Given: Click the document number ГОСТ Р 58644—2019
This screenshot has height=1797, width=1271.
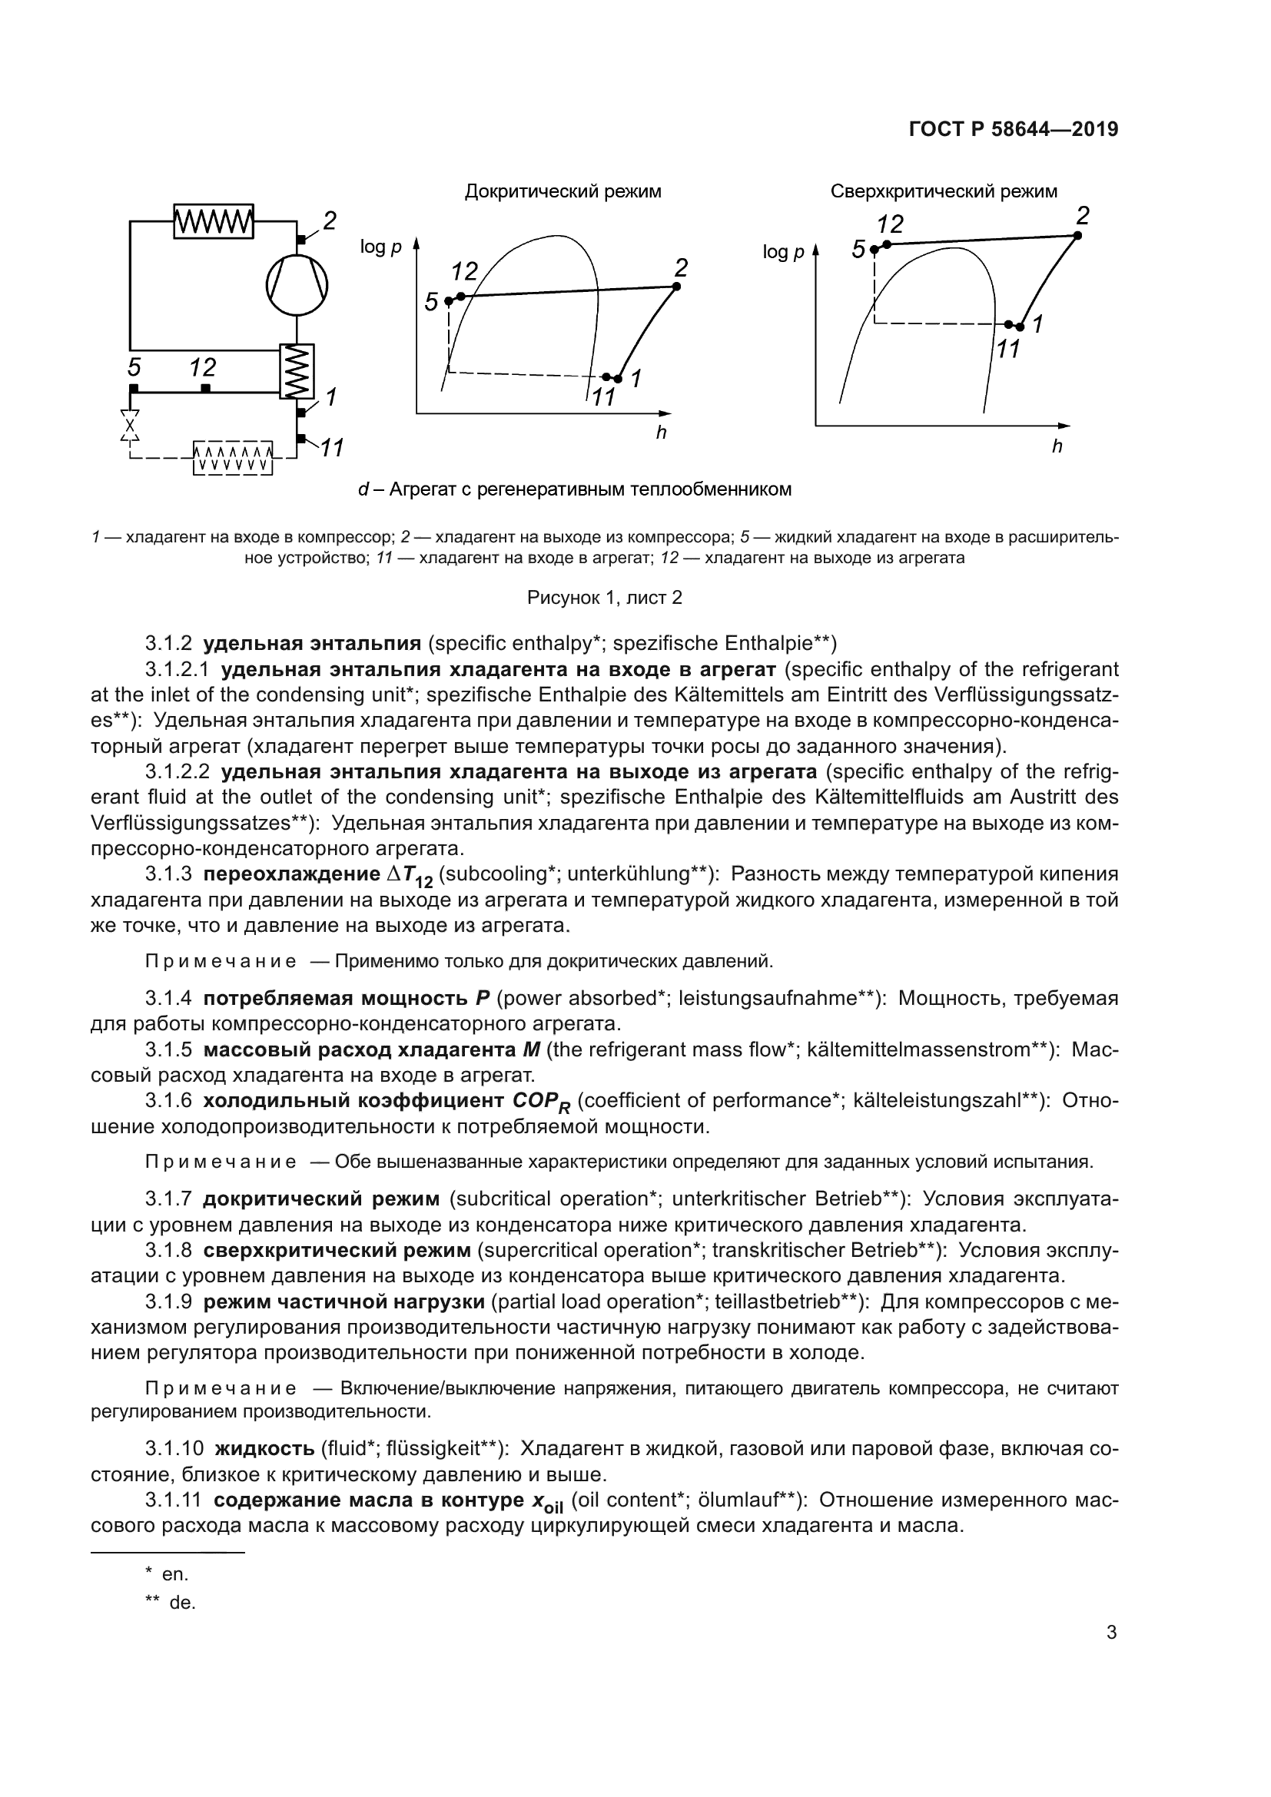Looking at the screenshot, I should click(1014, 130).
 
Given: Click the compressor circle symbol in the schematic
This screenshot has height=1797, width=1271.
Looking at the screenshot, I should click(297, 284).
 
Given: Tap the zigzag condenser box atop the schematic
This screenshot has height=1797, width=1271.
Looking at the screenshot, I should click(213, 220).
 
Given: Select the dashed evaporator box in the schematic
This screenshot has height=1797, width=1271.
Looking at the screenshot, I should click(232, 458).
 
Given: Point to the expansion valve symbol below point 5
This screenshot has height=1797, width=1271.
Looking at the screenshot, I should click(130, 426).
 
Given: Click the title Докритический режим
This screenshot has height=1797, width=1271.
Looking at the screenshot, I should click(562, 192).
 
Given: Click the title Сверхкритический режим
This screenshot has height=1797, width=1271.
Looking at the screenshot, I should click(943, 192).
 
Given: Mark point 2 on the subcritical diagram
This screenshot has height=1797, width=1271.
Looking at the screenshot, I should click(676, 287).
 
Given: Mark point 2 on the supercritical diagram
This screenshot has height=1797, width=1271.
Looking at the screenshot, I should click(1077, 236).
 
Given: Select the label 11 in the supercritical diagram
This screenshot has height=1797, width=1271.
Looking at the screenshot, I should click(1007, 349).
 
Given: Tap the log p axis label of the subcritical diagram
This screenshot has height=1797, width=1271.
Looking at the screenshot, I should click(380, 247).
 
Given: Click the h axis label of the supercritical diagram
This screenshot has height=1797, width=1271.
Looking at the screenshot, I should click(1057, 448).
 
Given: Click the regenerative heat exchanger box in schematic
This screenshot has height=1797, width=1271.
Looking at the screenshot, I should click(297, 371).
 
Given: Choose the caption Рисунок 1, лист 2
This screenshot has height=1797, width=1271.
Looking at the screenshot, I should click(604, 598).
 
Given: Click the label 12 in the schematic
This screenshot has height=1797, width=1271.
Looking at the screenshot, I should click(203, 367).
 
